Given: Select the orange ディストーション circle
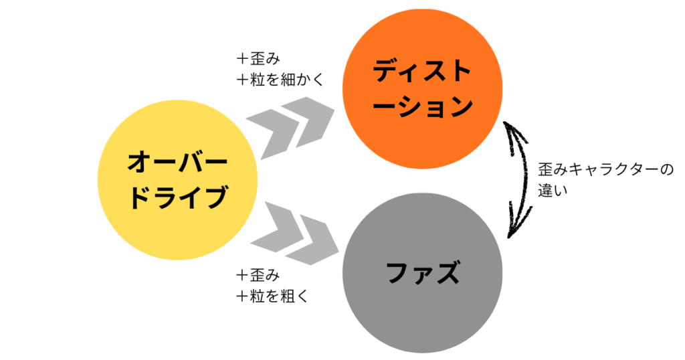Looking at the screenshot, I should point(422,88).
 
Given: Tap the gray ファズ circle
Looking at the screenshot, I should point(422,273).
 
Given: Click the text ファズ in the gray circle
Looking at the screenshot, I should point(422,273).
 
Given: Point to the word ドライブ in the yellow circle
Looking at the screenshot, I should point(177,199).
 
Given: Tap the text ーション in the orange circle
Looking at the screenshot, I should point(422,106).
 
